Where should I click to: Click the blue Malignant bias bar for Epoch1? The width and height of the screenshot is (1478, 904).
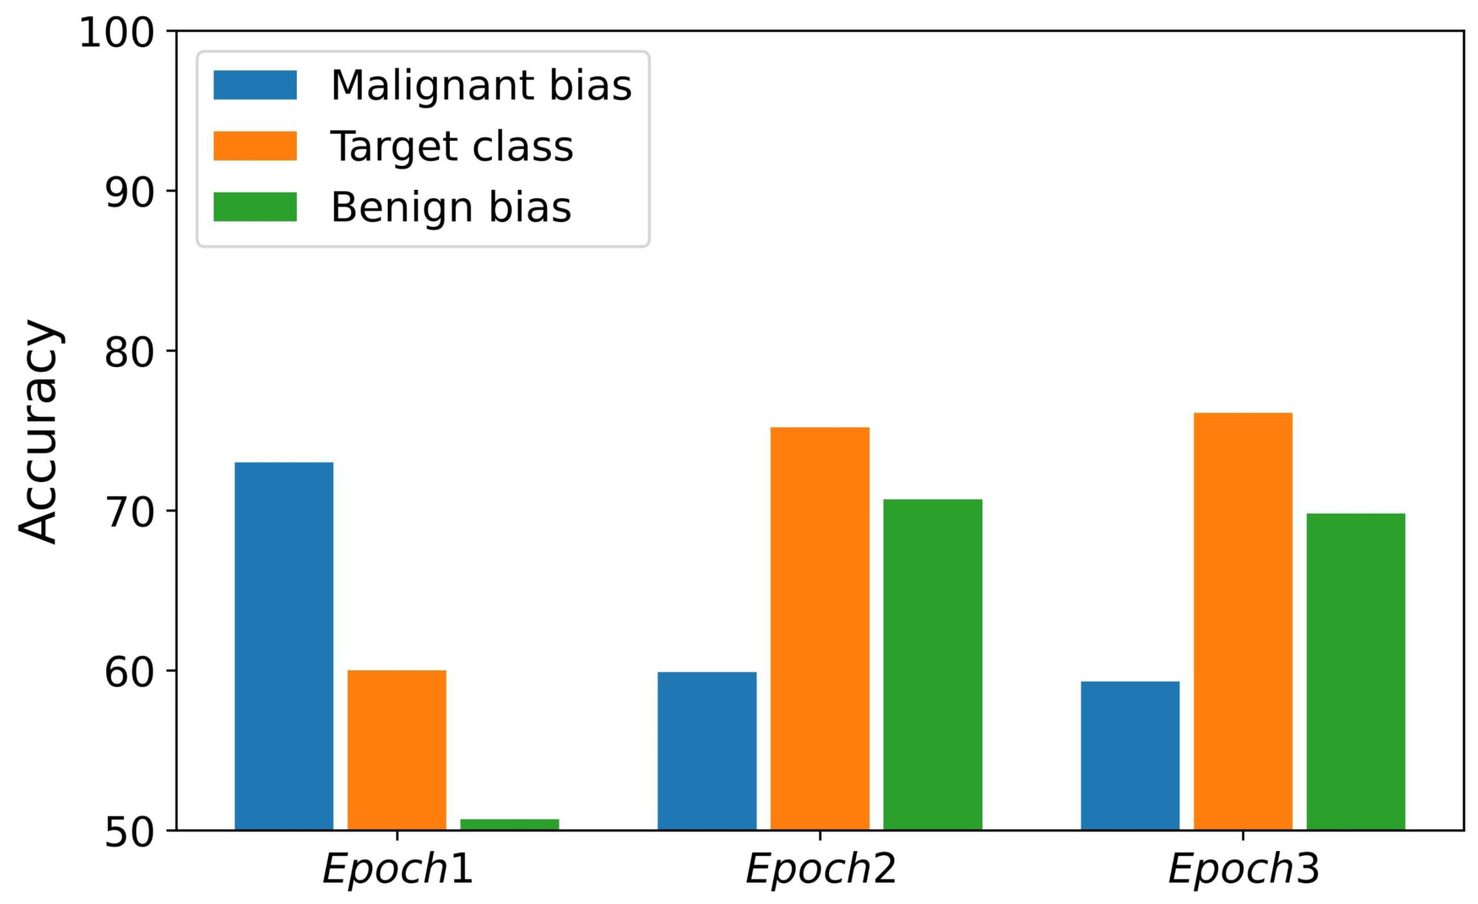pos(284,646)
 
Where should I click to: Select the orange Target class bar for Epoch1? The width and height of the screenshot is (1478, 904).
pos(397,750)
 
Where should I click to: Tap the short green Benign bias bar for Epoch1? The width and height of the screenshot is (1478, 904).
pos(510,824)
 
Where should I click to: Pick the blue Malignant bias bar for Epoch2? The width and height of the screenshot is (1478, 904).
pos(707,751)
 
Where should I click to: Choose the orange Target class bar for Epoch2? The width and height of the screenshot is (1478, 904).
pos(820,628)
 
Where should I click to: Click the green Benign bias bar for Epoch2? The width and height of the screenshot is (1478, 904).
pos(933,665)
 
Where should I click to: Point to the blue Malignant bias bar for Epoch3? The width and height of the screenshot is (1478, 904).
pos(1130,756)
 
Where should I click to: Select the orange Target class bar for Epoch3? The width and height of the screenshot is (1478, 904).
pos(1243,621)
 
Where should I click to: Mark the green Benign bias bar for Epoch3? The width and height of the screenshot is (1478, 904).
pos(1356,672)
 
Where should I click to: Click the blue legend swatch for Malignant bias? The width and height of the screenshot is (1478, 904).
pos(255,85)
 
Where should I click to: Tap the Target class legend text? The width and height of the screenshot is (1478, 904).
pos(453,146)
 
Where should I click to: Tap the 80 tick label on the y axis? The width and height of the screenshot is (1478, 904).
pos(130,352)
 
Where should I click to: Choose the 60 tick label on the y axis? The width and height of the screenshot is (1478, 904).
pos(130,672)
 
